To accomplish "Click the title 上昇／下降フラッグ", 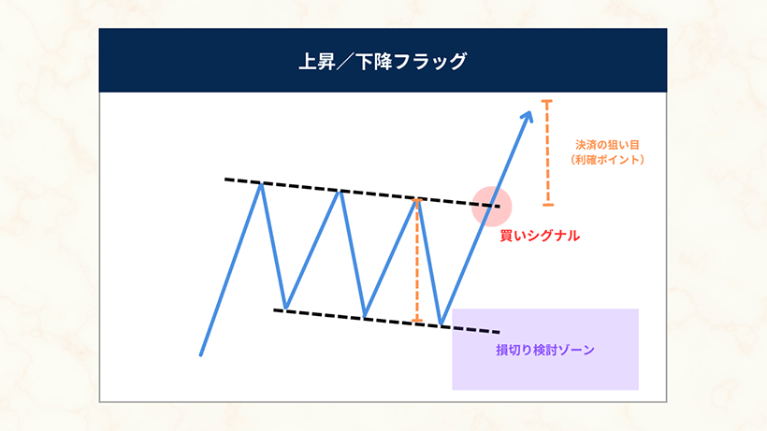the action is pos(383,62).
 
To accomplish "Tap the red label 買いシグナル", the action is pos(540,236).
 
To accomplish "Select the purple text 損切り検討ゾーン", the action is pos(545,350).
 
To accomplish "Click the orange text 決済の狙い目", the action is pos(607,145).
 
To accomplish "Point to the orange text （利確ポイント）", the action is pos(607,160).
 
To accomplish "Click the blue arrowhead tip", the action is pos(530,112).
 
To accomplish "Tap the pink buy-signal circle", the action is pos(492,207).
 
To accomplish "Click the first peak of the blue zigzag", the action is pos(262,184).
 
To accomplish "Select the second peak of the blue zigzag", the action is pos(340,192).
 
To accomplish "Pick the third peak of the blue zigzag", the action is pos(417,201).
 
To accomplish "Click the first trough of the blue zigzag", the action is pos(286,308).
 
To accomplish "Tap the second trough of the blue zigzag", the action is pos(365,315).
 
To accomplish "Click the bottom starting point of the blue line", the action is pos(200,354).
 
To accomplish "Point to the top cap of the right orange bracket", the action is pos(547,102).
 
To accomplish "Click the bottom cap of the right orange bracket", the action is pos(548,205).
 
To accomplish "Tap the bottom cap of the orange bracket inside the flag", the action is pos(417,321).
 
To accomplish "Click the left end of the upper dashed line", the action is pos(225,180).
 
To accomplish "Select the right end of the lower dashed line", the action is pos(499,332).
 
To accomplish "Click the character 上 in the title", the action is pos(308,62).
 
